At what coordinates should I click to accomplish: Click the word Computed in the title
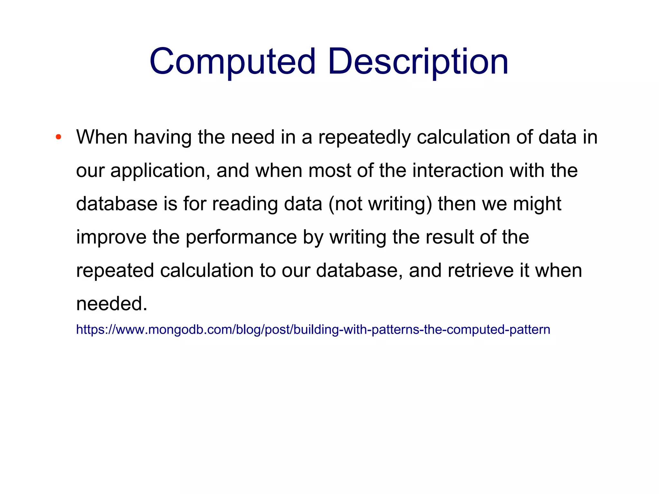[232, 62]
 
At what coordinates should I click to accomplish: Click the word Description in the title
[418, 62]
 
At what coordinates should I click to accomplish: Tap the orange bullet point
[58, 137]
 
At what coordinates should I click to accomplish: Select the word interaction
[458, 171]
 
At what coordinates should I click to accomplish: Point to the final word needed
[111, 304]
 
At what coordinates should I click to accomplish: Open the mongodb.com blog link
[313, 330]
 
